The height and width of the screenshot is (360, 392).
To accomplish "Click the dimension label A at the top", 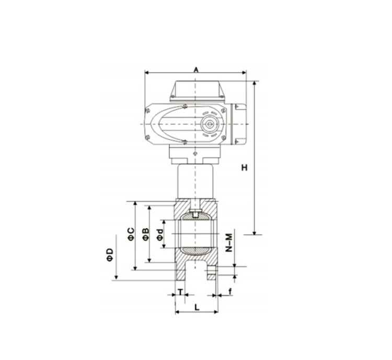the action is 196,69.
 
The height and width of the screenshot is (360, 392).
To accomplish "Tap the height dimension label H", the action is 244,168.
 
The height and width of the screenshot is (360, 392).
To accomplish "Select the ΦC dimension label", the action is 131,234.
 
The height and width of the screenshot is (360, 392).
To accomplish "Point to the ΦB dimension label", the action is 146,234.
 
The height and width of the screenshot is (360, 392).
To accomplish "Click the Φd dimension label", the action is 160,235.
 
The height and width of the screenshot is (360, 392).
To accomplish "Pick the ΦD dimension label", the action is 110,255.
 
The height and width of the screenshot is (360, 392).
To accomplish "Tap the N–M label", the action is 229,242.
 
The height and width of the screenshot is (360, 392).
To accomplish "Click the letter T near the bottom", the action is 180,291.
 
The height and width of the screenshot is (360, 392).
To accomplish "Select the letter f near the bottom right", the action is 230,291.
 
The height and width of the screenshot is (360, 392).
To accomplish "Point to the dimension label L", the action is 197,307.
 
